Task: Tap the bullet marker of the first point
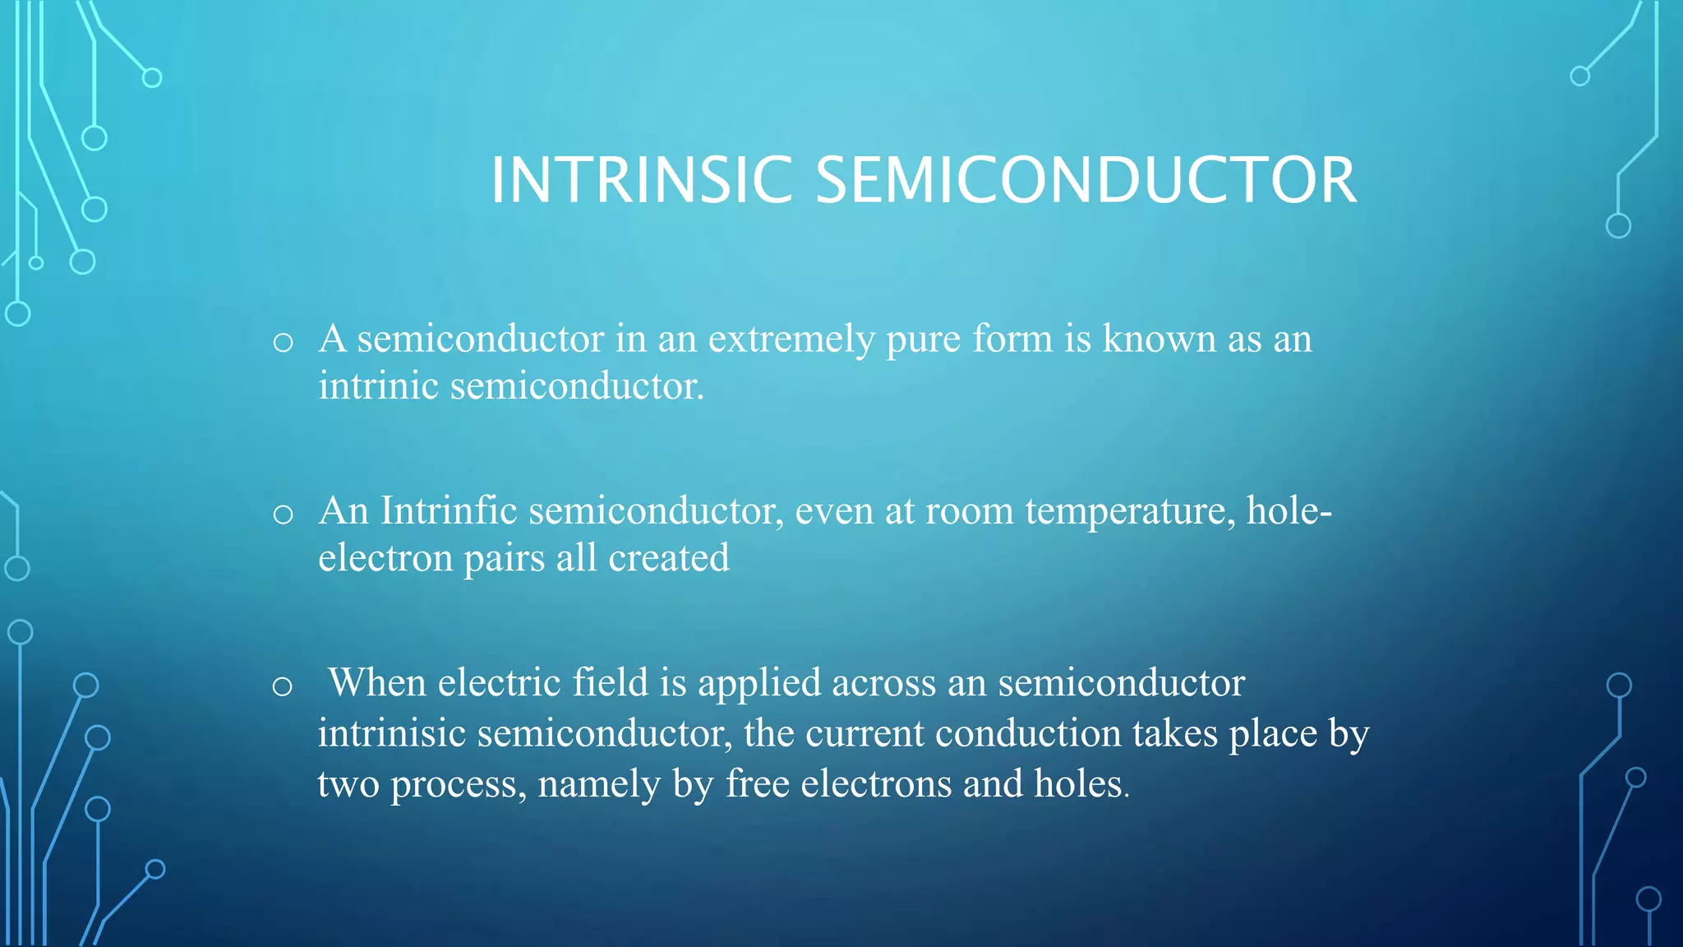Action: tap(283, 343)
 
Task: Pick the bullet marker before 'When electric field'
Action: tap(282, 686)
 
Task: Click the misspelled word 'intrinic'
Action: tap(378, 386)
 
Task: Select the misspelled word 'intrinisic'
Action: tap(392, 732)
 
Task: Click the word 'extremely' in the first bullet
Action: tap(791, 340)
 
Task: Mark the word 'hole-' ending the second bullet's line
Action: tap(1289, 510)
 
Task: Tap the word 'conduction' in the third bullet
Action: tap(1028, 732)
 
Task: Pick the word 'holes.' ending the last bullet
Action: tap(1081, 783)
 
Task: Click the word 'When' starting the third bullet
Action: tap(377, 682)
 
